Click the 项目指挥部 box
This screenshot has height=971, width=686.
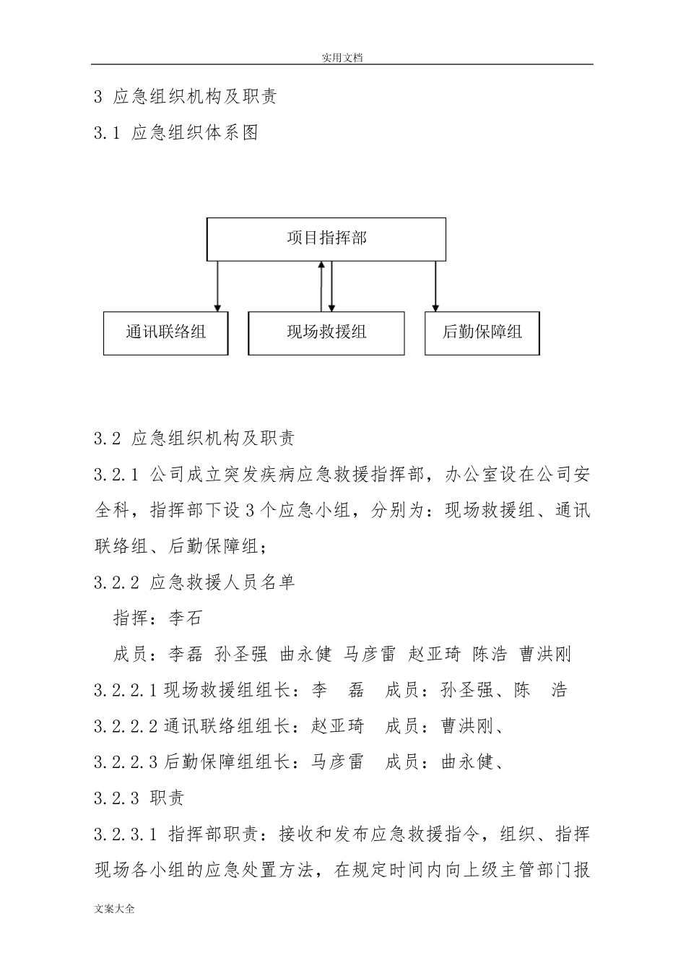(326, 238)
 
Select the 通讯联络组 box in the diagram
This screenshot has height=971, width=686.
(165, 332)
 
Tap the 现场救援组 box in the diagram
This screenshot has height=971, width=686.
(326, 332)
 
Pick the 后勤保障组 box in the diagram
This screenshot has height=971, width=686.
(482, 332)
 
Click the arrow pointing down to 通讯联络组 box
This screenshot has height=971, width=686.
(217, 286)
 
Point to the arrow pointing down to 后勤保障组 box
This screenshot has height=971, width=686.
(435, 286)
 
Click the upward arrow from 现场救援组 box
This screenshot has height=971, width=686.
(321, 286)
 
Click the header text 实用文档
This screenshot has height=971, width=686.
(342, 58)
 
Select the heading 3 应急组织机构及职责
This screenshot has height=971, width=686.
(186, 97)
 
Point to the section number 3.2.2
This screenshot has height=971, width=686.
(116, 582)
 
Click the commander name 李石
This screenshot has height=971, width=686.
(186, 618)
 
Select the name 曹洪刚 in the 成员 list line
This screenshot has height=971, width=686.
(545, 655)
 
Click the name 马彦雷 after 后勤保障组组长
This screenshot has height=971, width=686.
(337, 762)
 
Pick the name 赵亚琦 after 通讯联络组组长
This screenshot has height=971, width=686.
(338, 726)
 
